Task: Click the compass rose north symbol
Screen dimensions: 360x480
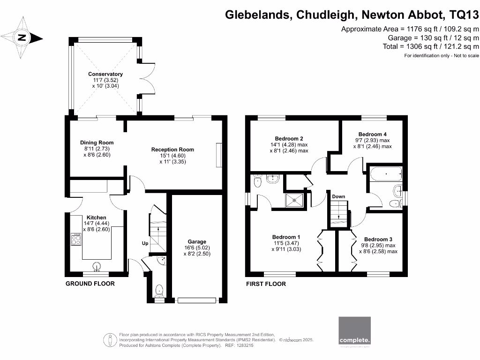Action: click(x=21, y=38)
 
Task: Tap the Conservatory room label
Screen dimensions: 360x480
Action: click(x=105, y=74)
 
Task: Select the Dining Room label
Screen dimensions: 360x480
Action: click(x=97, y=142)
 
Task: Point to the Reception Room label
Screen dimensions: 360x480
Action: click(x=172, y=150)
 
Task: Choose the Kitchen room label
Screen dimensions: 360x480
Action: click(x=96, y=217)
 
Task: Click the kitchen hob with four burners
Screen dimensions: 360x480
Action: click(x=75, y=240)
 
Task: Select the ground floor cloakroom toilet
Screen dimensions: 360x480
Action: click(x=159, y=291)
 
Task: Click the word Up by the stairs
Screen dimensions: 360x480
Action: click(x=145, y=243)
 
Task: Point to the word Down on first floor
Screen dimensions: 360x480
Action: click(x=338, y=196)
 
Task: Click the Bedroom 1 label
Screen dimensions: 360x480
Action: click(x=286, y=237)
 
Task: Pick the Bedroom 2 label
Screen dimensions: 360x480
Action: click(x=289, y=139)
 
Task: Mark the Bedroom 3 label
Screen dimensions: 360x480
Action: click(x=378, y=239)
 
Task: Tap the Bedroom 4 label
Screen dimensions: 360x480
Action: click(x=372, y=134)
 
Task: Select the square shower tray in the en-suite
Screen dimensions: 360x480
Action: click(x=294, y=200)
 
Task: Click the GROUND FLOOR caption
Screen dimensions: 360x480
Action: click(x=90, y=284)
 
